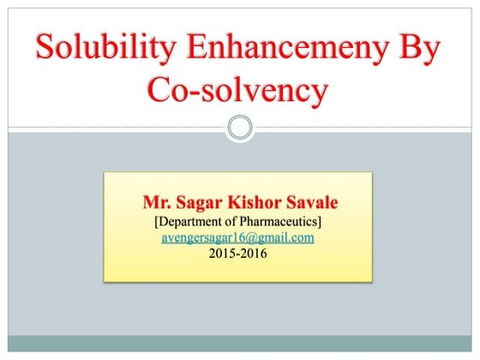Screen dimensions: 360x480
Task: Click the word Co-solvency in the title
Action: (237, 89)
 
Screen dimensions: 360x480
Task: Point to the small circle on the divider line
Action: (240, 129)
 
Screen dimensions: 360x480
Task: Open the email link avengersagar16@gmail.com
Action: (237, 237)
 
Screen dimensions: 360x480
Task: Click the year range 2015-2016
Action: (237, 254)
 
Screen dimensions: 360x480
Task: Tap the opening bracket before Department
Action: (156, 221)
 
